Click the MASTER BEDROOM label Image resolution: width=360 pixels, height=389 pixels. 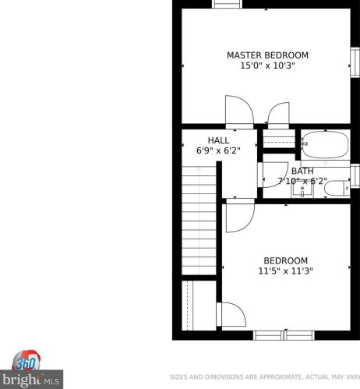click(267, 55)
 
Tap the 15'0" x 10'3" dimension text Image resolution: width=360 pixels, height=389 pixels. click(267, 65)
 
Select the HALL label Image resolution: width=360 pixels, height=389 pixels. click(218, 140)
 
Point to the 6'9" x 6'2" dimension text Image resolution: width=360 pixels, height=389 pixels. click(218, 150)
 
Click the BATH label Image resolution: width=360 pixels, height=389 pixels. click(302, 171)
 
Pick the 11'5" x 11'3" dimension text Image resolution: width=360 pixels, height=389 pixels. click(285, 271)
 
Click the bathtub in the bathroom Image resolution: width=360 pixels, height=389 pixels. click(325, 144)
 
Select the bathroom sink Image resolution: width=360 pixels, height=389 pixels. click(302, 191)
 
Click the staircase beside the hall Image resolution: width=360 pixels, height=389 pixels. click(199, 221)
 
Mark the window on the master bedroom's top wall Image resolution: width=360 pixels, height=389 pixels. click(227, 4)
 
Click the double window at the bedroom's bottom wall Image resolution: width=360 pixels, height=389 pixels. click(284, 335)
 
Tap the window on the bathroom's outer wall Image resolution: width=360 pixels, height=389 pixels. click(355, 176)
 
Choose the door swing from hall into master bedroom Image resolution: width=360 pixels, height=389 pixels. click(239, 112)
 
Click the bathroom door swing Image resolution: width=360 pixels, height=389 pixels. click(274, 175)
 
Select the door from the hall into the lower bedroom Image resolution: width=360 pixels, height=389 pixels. click(240, 215)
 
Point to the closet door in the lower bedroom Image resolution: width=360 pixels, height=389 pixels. click(231, 314)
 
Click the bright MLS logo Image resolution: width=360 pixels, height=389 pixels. click(31, 380)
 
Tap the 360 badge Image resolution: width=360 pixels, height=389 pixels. click(26, 360)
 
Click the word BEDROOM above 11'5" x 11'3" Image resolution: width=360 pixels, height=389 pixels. click(286, 260)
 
